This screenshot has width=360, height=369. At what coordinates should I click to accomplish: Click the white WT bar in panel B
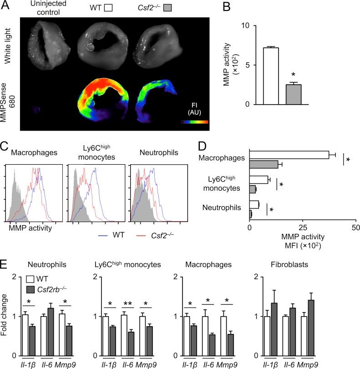(272, 76)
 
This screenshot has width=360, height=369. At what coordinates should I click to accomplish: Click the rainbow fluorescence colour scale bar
(194, 122)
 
